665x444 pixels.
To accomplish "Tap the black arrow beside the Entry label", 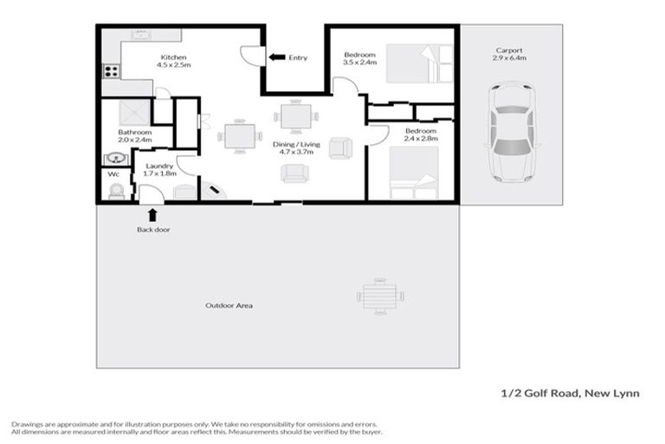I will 276,57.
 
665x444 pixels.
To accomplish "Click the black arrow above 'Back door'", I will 152,215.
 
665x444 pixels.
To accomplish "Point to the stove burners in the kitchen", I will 111,72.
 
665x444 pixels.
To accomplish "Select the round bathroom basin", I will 114,159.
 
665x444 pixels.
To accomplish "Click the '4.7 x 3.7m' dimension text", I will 294,151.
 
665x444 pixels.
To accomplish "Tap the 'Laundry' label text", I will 160,165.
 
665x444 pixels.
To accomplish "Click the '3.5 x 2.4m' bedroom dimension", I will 360,62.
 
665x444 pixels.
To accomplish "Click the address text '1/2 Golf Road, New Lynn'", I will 571,393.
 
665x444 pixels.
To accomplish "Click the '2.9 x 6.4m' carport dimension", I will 509,58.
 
